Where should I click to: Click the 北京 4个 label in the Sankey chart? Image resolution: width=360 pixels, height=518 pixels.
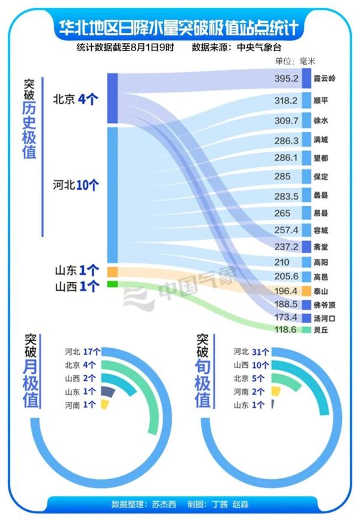(x=75, y=99)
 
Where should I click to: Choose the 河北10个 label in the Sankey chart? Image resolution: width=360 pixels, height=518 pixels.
(x=75, y=185)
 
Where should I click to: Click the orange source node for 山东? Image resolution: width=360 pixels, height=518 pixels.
(x=112, y=272)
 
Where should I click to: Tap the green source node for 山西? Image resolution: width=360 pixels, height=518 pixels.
(x=112, y=284)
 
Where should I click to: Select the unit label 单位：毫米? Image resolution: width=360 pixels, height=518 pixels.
(x=295, y=61)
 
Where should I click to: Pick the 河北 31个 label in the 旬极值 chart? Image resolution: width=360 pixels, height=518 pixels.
(x=251, y=351)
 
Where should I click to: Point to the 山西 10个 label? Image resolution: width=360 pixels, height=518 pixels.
(x=251, y=365)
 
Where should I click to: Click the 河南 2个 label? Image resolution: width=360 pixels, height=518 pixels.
(x=251, y=391)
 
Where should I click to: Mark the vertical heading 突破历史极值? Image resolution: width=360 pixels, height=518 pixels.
(x=29, y=120)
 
